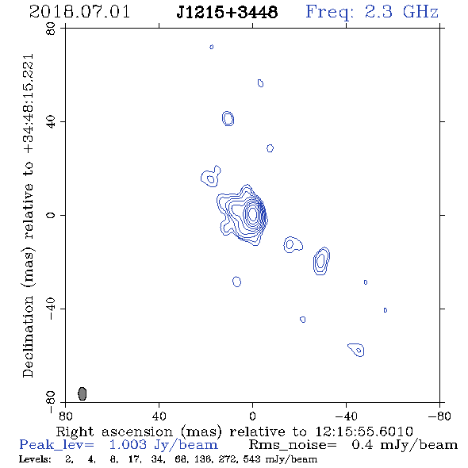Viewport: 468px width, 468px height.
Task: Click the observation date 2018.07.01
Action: coord(79,13)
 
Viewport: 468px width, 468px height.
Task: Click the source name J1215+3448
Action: coord(227,13)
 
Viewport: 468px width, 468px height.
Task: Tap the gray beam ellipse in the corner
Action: coord(82,393)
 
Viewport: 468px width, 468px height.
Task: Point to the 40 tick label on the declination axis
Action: coord(51,122)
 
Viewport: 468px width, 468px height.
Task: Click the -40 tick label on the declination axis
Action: coord(51,309)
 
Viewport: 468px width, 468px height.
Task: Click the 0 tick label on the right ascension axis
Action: coord(252,416)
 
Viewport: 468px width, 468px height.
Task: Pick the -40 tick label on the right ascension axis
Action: coord(346,416)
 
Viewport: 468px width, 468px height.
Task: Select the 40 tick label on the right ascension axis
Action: coord(159,416)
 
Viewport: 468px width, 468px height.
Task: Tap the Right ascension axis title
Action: coord(235,432)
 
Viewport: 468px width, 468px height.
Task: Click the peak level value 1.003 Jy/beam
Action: coord(163,445)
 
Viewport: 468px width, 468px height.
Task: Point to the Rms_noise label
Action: coord(293,445)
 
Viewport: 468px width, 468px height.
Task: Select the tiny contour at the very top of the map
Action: coord(212,47)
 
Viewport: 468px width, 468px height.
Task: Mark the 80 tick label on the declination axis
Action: coord(51,29)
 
